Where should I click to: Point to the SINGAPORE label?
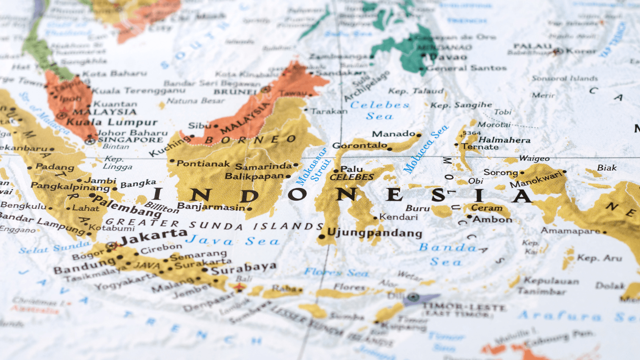point(130,140)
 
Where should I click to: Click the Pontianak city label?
point(203,163)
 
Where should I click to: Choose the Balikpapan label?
point(254,176)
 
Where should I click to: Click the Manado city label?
point(394,134)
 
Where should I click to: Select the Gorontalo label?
point(360,145)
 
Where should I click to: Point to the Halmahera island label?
point(504,140)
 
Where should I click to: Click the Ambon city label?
point(492,219)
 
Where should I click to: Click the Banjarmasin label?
point(211,207)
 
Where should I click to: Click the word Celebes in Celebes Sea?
point(380,105)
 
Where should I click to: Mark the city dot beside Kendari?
point(376,218)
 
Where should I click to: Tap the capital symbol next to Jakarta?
point(112,245)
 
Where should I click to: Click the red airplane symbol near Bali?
point(239,287)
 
